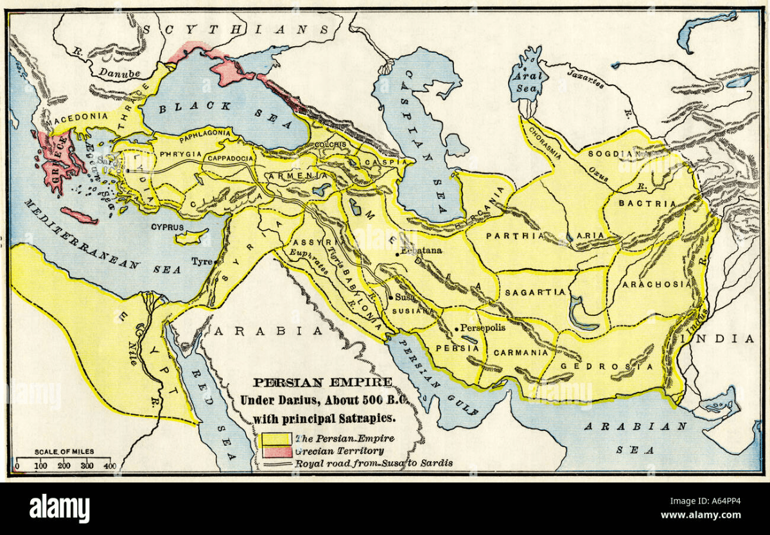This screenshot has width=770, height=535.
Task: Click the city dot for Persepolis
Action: tap(457, 329)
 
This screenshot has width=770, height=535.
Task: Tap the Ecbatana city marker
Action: tap(398, 255)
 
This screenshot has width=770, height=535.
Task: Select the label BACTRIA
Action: tap(647, 204)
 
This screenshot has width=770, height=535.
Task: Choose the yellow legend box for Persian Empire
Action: tap(278, 439)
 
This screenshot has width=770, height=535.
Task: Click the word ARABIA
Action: tap(267, 331)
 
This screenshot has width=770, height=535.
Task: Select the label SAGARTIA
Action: tap(535, 292)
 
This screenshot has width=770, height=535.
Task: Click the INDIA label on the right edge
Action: tap(732, 339)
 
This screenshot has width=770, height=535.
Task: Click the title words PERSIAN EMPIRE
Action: tap(322, 382)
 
